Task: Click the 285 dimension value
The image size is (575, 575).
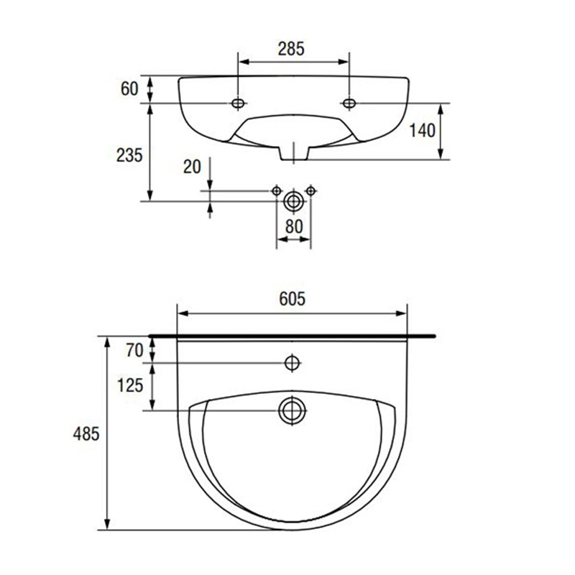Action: tap(291, 49)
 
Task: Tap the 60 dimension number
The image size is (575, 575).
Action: tap(129, 88)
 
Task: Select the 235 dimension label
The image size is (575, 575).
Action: tap(129, 155)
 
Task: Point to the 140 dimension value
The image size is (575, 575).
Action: tap(422, 131)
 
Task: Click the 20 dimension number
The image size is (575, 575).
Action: tap(192, 167)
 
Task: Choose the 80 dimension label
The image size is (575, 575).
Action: tap(294, 226)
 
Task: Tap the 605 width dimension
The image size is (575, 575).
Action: tap(292, 299)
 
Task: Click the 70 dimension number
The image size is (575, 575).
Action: tap(134, 351)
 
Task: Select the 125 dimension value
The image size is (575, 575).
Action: tap(130, 385)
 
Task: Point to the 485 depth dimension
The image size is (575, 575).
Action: tap(86, 434)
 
